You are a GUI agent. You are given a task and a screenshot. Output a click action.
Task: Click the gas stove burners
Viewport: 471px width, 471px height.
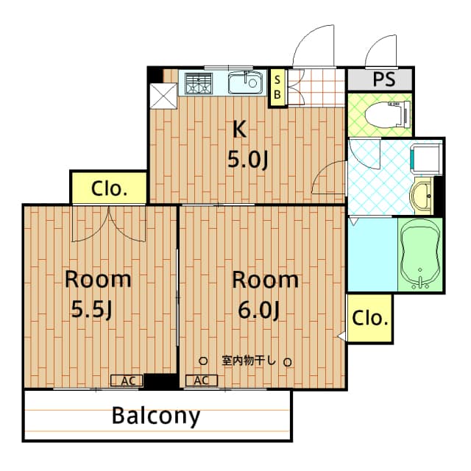point(198,84)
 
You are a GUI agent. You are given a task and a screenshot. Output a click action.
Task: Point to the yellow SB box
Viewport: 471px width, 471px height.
point(277,88)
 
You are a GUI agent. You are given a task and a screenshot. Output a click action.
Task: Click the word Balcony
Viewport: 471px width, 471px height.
point(156,416)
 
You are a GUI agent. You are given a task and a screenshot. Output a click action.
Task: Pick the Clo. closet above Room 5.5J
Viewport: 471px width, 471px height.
point(108,188)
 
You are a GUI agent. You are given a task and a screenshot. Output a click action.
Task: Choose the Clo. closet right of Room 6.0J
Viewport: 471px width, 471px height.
point(369,319)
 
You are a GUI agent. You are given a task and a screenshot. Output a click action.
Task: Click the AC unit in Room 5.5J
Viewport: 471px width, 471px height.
point(127,380)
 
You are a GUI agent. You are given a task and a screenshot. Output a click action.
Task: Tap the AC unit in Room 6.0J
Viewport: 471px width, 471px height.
point(202,380)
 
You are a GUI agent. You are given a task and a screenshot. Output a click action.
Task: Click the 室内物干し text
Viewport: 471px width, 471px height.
point(248,361)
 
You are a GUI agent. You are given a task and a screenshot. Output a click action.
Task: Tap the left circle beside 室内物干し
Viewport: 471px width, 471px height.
point(204,361)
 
